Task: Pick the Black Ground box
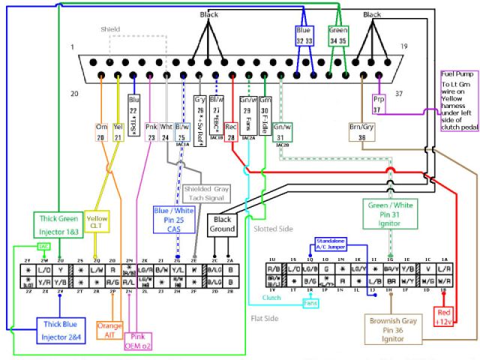tap(222, 223)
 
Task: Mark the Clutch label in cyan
tap(271, 297)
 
